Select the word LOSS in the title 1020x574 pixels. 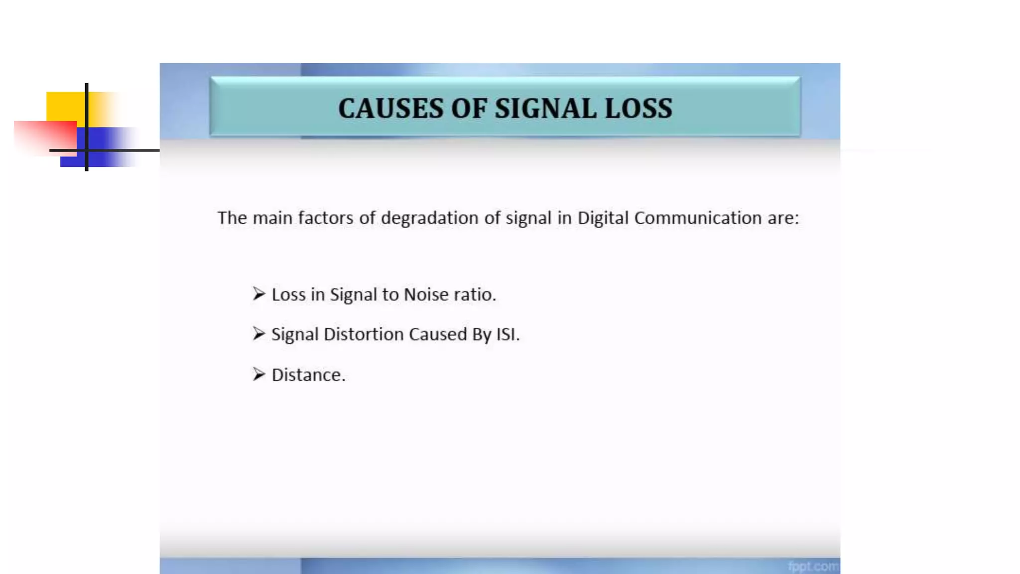638,109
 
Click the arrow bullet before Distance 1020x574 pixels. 258,374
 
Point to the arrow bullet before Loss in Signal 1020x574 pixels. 258,294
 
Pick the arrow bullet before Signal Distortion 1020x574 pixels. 258,334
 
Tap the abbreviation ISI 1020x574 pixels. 507,334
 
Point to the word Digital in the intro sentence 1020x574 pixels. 603,218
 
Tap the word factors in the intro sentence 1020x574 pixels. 326,218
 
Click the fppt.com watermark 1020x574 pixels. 813,567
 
